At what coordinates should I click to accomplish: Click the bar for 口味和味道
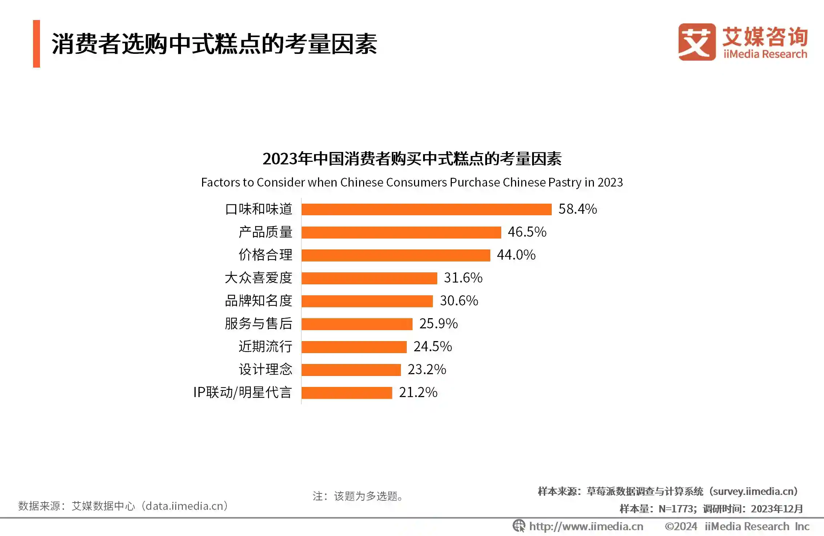[426, 209]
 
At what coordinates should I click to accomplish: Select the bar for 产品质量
[401, 232]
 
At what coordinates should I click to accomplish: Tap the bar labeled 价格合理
[396, 255]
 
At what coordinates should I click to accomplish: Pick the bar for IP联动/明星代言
[347, 393]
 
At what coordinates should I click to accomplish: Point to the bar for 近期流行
[354, 347]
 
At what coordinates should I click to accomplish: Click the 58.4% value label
[578, 209]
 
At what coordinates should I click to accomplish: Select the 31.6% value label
[463, 278]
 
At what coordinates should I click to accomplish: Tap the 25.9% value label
[438, 324]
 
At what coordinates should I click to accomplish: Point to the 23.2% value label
[427, 369]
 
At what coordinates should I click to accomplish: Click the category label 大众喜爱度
[258, 278]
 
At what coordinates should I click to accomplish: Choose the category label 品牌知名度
[258, 301]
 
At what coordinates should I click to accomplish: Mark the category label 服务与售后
[258, 324]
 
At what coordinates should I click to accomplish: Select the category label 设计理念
[265, 369]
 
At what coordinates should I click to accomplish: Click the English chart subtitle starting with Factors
[412, 182]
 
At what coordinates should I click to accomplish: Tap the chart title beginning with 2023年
[412, 159]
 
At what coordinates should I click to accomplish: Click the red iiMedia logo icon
[696, 42]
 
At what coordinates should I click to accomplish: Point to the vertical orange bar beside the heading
[36, 44]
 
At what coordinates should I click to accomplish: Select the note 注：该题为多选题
[358, 496]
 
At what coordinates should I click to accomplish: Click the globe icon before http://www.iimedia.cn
[519, 526]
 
